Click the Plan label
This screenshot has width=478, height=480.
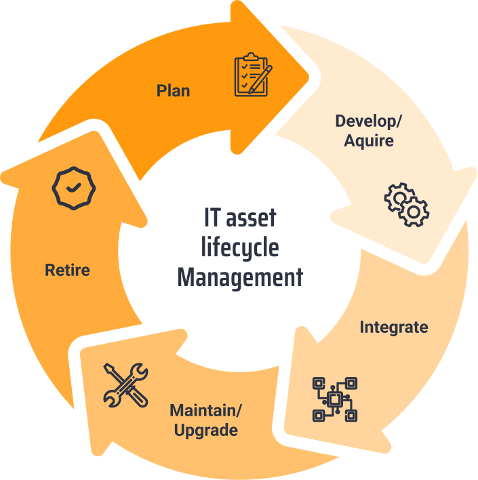[173, 90]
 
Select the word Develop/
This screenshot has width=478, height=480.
[369, 121]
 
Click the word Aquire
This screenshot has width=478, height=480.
[369, 141]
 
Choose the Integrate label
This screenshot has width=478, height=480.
[394, 327]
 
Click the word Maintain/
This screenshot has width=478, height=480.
[205, 410]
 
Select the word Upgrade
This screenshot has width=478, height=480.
[205, 430]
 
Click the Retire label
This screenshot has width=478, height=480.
[67, 270]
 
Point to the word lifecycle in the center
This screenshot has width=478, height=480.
[240, 247]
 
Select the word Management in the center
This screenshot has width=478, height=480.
[240, 277]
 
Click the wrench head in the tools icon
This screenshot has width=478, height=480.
[138, 372]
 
